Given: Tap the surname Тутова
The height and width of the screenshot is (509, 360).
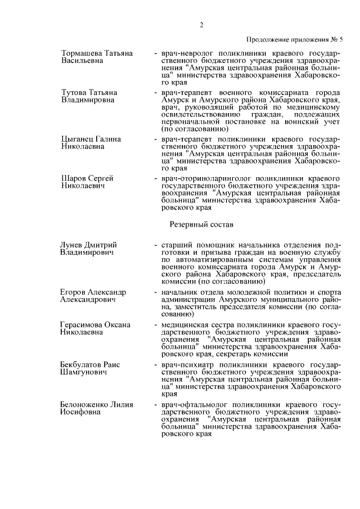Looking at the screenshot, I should (73, 92).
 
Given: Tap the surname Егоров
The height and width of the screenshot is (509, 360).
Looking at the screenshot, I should (74, 292).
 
